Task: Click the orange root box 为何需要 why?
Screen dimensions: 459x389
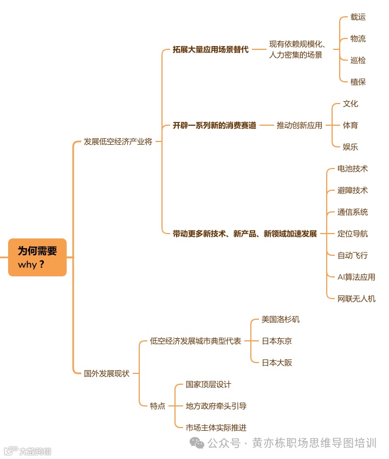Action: [37, 257]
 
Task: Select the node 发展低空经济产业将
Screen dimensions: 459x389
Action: [118, 141]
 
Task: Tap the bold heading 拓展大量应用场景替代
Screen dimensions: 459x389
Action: [210, 49]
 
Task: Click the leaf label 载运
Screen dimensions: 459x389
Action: [358, 17]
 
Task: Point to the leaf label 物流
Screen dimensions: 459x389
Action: [358, 38]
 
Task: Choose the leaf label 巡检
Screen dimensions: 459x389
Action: [358, 60]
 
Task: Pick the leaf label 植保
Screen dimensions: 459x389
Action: [358, 82]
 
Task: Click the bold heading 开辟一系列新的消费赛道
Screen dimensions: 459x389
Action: [214, 125]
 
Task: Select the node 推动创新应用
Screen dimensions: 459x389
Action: [299, 125]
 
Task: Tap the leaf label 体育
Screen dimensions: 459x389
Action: [350, 125]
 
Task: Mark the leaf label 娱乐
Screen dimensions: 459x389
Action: [350, 147]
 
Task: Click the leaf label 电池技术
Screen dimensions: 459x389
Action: [352, 169]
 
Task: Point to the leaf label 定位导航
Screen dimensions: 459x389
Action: [352, 234]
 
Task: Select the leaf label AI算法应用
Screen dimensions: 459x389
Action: [356, 277]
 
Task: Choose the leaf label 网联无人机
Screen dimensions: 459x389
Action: [356, 299]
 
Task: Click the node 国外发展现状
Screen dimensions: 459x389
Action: [106, 373]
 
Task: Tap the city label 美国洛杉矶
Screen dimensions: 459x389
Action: [280, 319]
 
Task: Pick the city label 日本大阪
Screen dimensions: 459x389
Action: [276, 363]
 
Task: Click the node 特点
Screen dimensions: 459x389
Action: [157, 406]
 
